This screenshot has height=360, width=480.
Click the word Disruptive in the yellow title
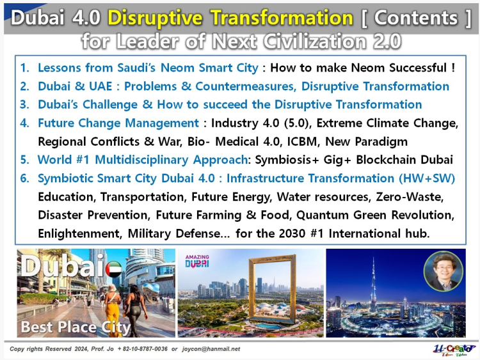(155, 17)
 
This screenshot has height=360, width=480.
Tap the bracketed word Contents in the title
(416, 17)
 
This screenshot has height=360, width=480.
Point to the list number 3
(24, 105)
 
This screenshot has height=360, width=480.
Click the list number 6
(24, 178)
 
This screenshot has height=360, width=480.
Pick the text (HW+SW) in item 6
(427, 178)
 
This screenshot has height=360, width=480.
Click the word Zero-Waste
(410, 197)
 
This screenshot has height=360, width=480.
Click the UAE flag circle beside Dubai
(113, 269)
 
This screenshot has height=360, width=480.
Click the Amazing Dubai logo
(197, 261)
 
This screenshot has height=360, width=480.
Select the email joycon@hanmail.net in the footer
(211, 349)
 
